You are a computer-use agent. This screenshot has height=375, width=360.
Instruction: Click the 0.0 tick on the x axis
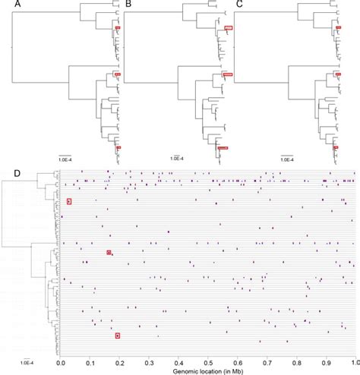[62, 362]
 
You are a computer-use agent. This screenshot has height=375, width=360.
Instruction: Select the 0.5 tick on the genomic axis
[209, 362]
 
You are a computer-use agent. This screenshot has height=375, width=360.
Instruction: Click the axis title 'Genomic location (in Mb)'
[207, 370]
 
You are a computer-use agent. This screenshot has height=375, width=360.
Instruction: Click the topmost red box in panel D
[69, 202]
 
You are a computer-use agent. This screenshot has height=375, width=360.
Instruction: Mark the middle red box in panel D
[109, 252]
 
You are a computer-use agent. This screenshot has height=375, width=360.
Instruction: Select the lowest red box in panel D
[118, 335]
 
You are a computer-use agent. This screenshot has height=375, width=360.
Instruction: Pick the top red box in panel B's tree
[229, 28]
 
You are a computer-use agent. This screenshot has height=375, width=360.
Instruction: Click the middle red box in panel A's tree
[118, 74]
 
